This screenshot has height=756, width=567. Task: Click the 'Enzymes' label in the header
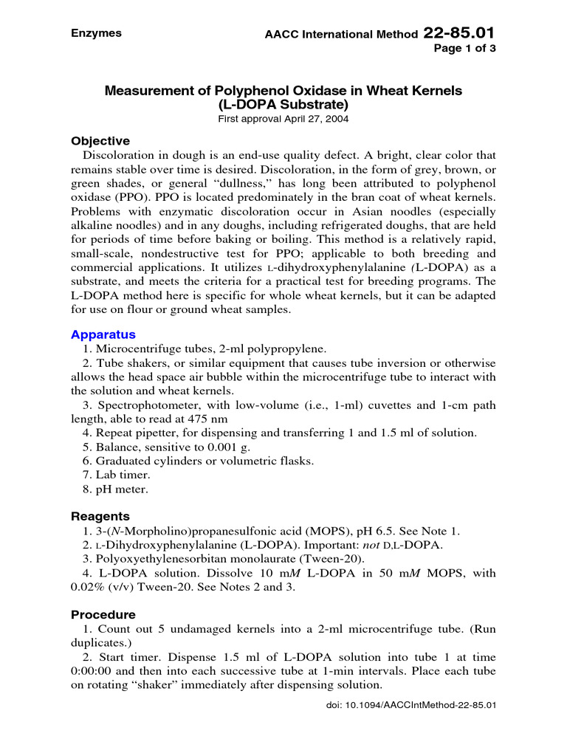96,33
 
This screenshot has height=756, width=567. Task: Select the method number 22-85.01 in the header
459,33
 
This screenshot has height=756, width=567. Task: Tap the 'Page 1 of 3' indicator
470,49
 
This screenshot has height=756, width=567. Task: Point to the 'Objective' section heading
100,141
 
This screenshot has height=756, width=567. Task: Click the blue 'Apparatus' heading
103,334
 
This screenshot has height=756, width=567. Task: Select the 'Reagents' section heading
100,516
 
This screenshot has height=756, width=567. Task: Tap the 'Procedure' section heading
103,614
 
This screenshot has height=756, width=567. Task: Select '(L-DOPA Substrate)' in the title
283,105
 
